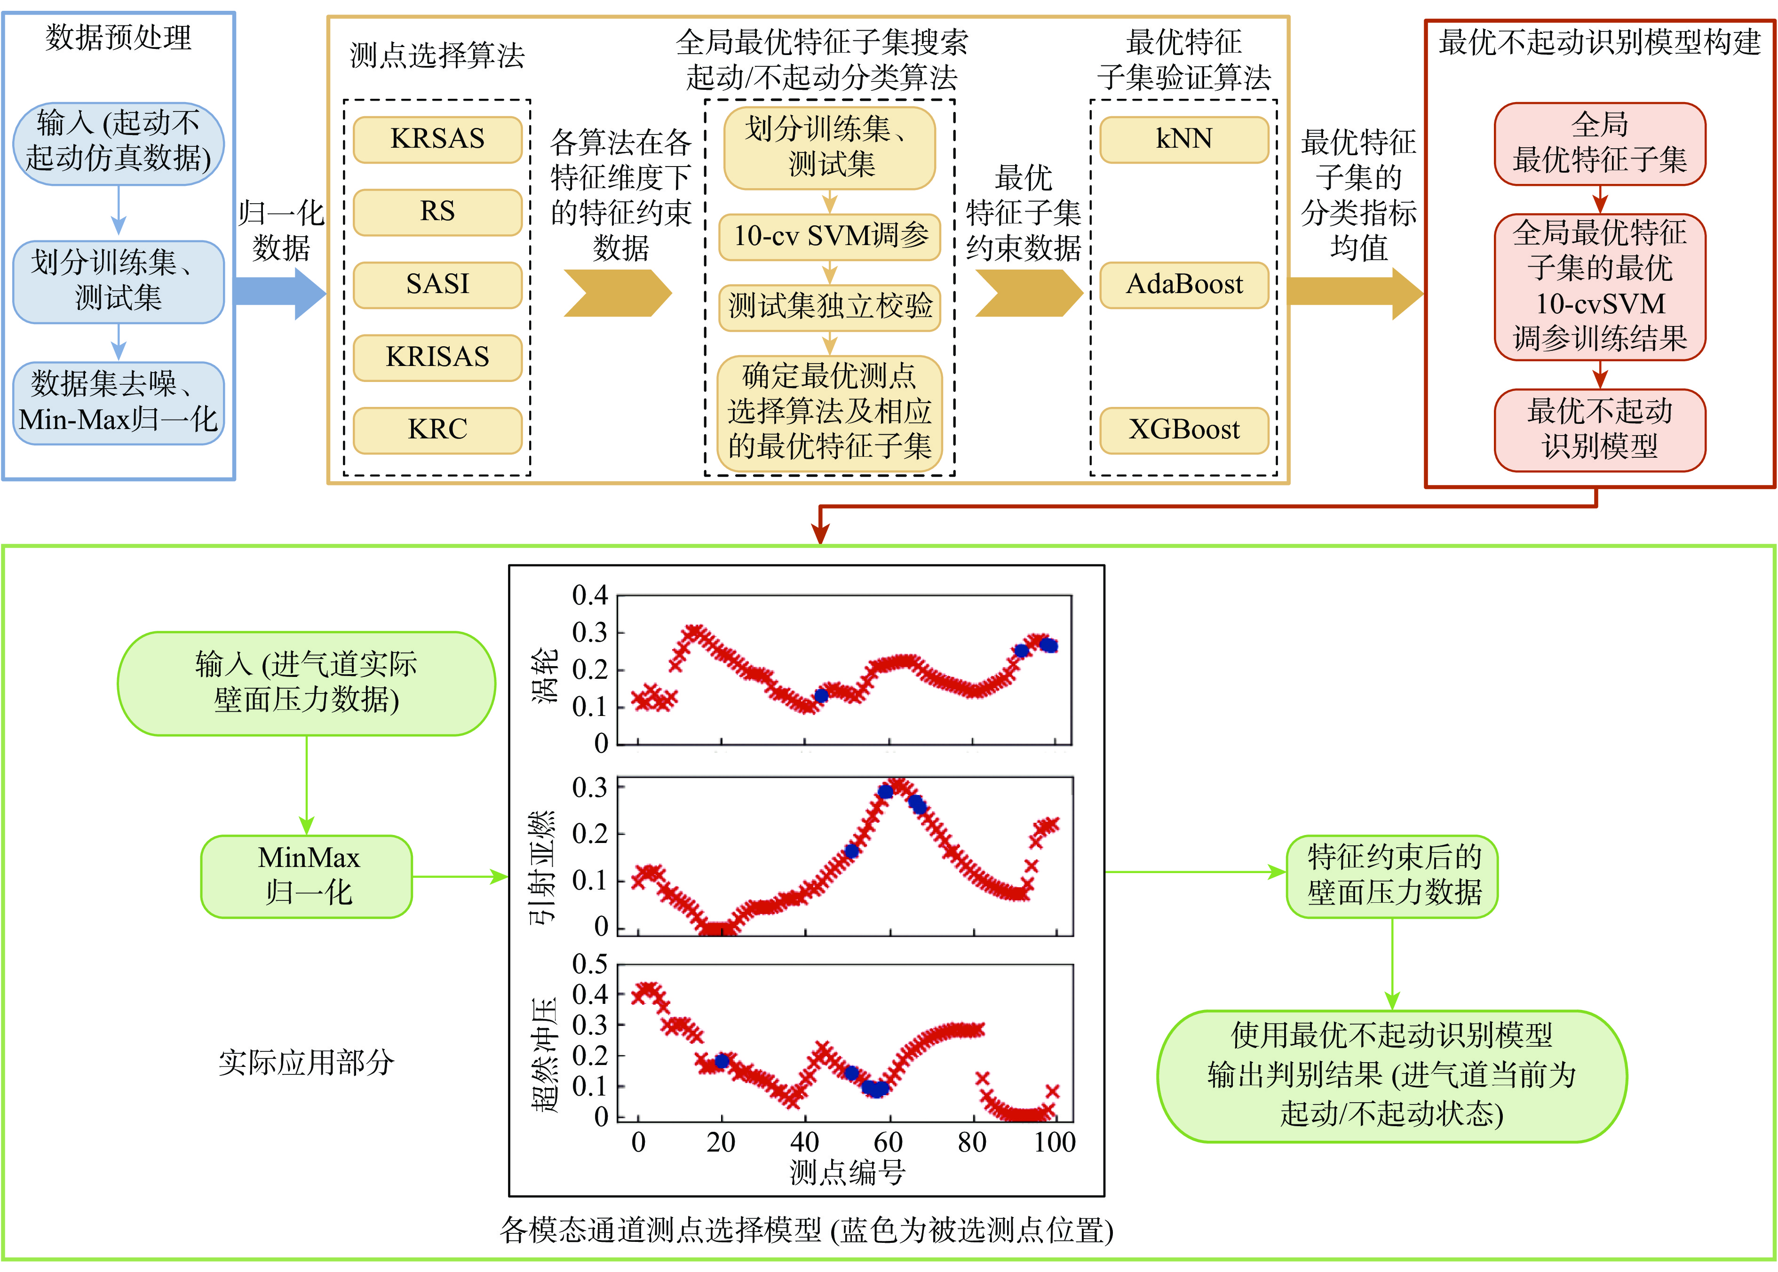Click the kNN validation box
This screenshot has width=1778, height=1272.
[x=1183, y=139]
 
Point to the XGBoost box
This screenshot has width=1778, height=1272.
[x=1183, y=430]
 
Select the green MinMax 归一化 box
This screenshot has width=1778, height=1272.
[x=307, y=875]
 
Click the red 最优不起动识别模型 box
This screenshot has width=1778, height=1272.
[x=1599, y=429]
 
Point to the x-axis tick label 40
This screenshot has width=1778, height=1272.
[x=804, y=1142]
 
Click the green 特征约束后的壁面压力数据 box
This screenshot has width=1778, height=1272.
[x=1392, y=875]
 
